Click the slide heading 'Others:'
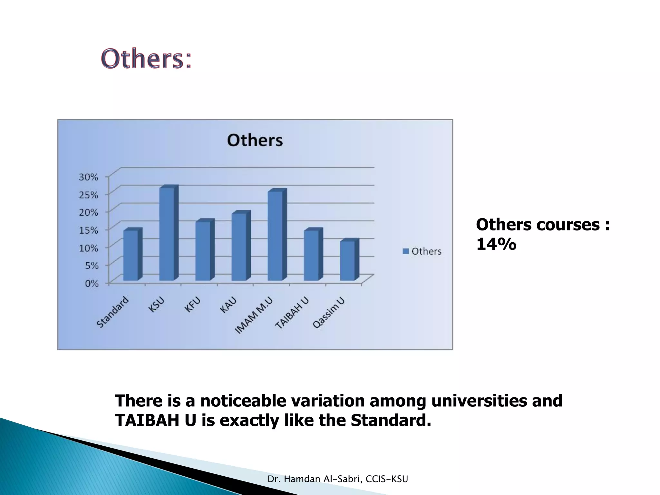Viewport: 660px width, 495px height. [x=147, y=59]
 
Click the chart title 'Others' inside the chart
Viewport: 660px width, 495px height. [x=255, y=141]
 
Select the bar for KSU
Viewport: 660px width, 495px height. [x=167, y=234]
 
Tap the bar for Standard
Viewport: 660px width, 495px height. [x=131, y=255]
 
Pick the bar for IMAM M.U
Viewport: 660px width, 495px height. [x=275, y=236]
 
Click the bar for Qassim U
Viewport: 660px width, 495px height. [x=347, y=261]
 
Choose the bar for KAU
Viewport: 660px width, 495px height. [x=239, y=247]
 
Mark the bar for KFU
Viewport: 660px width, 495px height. [x=203, y=251]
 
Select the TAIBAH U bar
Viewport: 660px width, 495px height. [x=311, y=255]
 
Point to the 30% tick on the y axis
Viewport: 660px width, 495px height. [x=88, y=177]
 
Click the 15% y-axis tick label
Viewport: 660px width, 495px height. [x=88, y=230]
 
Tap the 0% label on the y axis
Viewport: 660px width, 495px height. [x=92, y=283]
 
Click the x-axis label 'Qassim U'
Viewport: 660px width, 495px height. [x=329, y=313]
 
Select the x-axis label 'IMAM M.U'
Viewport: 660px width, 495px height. [x=254, y=315]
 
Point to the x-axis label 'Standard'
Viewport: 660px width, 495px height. [x=113, y=312]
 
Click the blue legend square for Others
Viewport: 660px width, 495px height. [x=406, y=251]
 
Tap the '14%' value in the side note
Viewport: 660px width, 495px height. [x=496, y=244]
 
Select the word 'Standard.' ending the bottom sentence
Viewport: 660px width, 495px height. [x=391, y=420]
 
